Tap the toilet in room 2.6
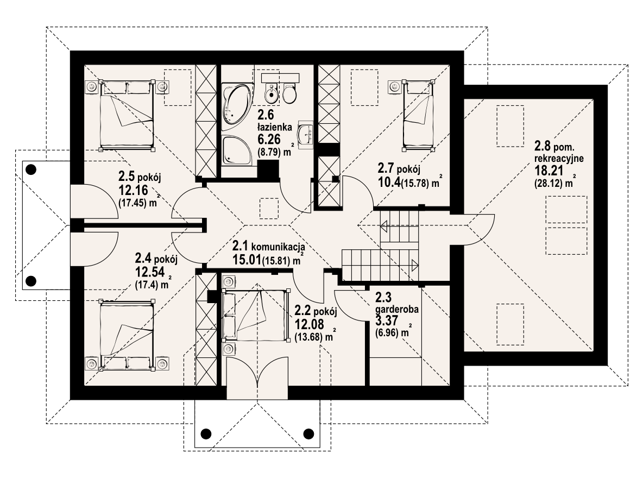coord(289,93)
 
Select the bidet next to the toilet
coord(270,93)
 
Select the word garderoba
coord(397,309)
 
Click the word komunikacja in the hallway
coord(278,247)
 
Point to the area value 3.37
coord(387,320)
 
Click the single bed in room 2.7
coord(418,115)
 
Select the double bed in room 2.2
coord(254,316)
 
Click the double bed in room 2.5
coord(127,114)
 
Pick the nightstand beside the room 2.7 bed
coord(394,86)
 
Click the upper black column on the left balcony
coord(31,169)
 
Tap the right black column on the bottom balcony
coord(308,433)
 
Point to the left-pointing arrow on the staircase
coord(385,225)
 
